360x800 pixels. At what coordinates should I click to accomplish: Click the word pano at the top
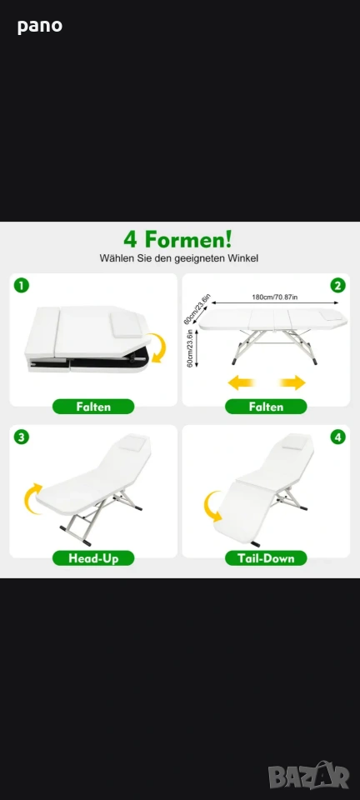pos(40,26)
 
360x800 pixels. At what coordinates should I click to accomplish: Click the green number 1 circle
pos(21,285)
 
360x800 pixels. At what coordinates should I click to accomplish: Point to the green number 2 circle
pos(337,285)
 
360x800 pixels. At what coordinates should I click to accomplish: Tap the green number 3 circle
pos(21,437)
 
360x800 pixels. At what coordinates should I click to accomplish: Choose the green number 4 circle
pos(337,437)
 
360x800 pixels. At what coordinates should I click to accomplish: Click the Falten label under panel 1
pos(93,407)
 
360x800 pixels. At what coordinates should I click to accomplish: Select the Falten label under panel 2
pos(266,407)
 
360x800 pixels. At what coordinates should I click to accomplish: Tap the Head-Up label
pos(93,558)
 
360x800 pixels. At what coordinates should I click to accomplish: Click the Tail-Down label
pos(266,558)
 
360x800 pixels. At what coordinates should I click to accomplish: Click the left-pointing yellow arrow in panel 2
pos(241,382)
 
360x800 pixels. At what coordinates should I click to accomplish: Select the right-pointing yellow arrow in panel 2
pos(292,382)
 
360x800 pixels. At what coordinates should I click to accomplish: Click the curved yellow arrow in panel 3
pos(32,499)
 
